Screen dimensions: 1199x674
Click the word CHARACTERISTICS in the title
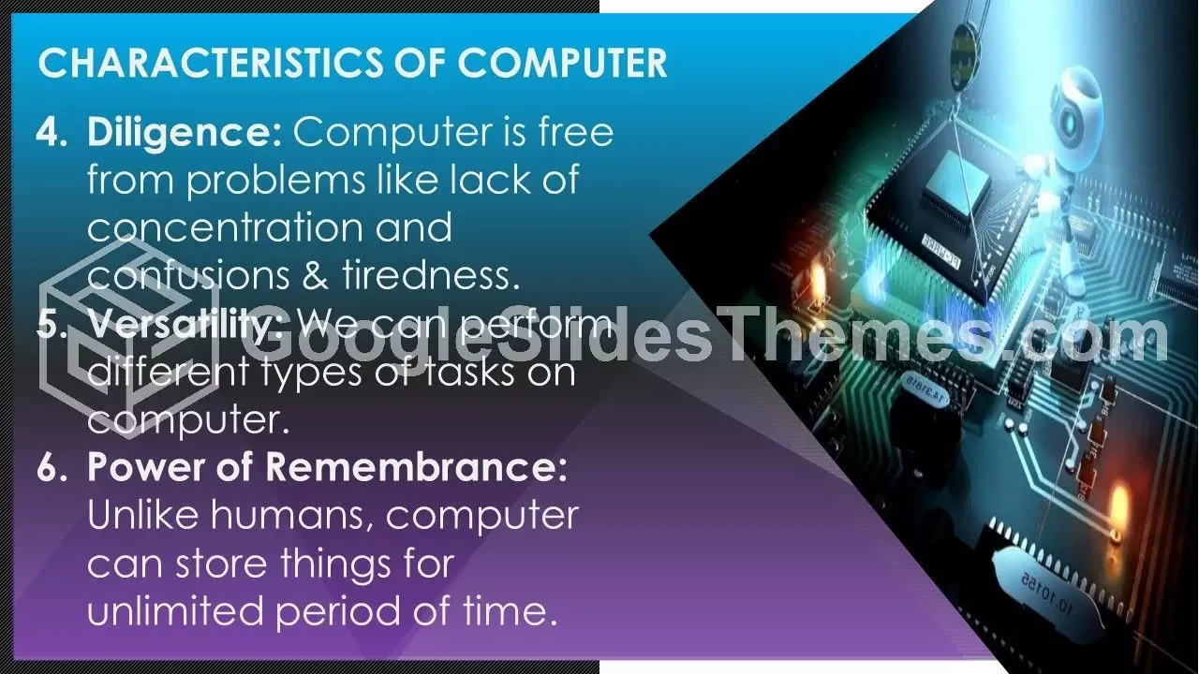pos(211,63)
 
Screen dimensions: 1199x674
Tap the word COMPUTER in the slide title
pos(562,63)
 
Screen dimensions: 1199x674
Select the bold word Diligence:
pos(185,134)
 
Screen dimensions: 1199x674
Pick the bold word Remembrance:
pos(416,466)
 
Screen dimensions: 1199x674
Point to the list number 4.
pos(52,132)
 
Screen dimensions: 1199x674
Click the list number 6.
pos(52,466)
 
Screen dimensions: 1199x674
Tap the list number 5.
pos(52,323)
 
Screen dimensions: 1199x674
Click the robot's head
pos(1076,107)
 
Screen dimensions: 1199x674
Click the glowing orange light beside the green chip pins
pos(818,281)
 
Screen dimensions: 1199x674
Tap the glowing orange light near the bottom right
pos(1118,505)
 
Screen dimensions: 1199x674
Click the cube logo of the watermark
pos(129,337)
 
